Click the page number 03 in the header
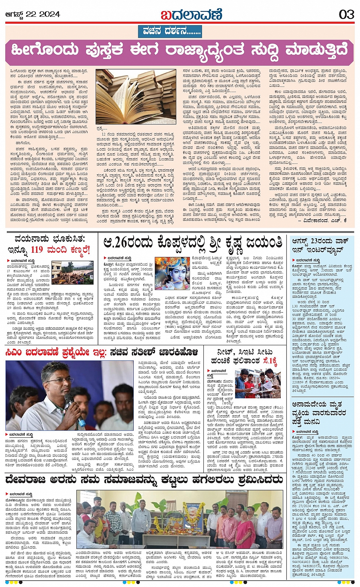tap(346, 14)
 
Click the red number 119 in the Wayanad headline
tap(37, 250)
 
